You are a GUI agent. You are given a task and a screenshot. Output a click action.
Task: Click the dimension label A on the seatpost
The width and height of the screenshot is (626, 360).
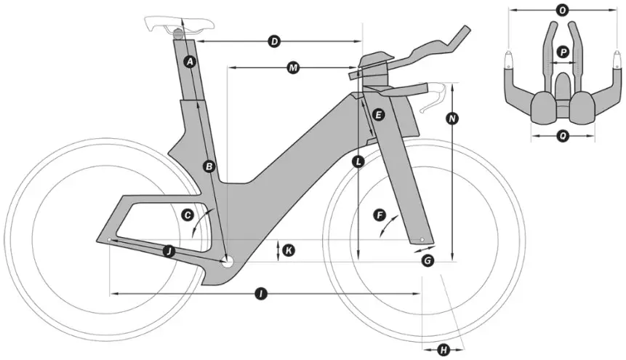(x=190, y=62)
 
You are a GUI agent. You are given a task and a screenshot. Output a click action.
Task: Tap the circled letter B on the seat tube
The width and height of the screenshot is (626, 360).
(x=209, y=167)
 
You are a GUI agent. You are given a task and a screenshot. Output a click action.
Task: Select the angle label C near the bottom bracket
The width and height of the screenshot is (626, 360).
(x=188, y=215)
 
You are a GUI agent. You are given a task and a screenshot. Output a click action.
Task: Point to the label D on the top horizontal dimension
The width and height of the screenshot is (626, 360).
(x=274, y=41)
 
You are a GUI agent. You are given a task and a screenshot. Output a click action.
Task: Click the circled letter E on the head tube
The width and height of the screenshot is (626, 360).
(x=377, y=115)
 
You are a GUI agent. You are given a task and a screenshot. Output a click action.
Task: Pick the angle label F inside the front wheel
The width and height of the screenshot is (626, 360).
(x=378, y=215)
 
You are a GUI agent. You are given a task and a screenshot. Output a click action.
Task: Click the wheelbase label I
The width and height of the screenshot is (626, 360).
(x=260, y=294)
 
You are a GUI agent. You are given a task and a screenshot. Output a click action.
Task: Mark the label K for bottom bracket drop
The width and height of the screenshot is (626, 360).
(x=289, y=250)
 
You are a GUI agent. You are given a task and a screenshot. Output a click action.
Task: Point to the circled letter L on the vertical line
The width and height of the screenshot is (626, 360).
(x=358, y=162)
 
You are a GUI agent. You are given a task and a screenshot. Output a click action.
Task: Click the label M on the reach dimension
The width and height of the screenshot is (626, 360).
(x=293, y=68)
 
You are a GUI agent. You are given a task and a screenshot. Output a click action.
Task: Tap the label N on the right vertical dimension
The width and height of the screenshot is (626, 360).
(x=452, y=118)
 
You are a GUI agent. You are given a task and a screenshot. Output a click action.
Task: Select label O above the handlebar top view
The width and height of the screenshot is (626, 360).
(x=561, y=10)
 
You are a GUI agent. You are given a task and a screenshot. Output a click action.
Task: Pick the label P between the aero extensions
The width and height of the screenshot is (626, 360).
(x=562, y=52)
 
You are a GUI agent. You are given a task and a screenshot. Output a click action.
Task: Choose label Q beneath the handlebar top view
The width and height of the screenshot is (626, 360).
(x=562, y=135)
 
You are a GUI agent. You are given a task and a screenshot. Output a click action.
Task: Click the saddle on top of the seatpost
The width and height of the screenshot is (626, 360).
(x=169, y=23)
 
